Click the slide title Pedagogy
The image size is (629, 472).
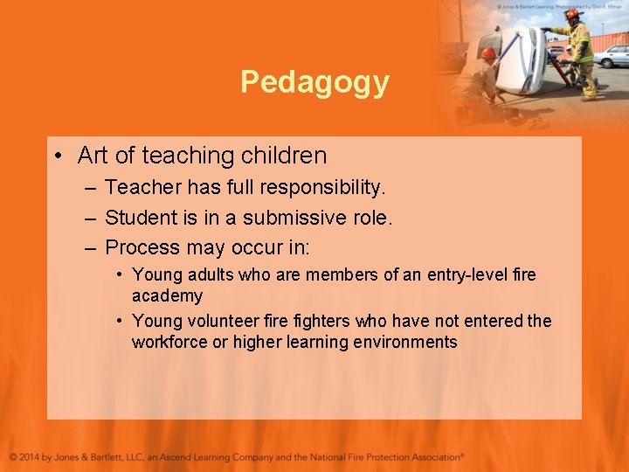[x=314, y=82]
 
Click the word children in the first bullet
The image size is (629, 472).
[x=285, y=156]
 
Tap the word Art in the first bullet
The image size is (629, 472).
[x=93, y=156]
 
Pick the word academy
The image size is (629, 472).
[x=167, y=296]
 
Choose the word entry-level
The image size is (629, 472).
[x=467, y=274]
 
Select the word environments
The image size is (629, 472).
[x=405, y=342]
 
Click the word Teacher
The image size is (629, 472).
[x=140, y=187]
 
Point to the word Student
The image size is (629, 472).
[x=139, y=218]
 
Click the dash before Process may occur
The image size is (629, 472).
[x=90, y=248]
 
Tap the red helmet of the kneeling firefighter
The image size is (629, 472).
[x=489, y=53]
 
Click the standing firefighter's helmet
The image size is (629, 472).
[x=572, y=15]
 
